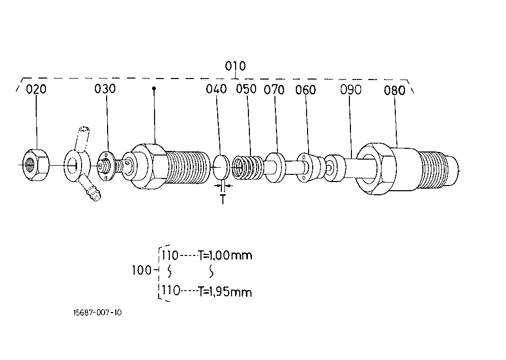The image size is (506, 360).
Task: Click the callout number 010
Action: pyautogui.click(x=235, y=66)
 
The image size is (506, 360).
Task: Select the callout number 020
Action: pyautogui.click(x=36, y=89)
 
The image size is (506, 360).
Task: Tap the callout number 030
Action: pyautogui.click(x=105, y=89)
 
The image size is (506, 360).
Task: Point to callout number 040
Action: pyautogui.click(x=216, y=89)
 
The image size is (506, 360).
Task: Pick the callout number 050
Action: pyautogui.click(x=246, y=89)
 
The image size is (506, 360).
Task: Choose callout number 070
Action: pyautogui.click(x=274, y=90)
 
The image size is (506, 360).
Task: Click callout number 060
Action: pyautogui.click(x=306, y=90)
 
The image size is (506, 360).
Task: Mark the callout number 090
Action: pyautogui.click(x=351, y=90)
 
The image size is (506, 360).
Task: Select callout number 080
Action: pyautogui.click(x=395, y=90)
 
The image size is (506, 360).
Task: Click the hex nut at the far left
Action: pyautogui.click(x=36, y=165)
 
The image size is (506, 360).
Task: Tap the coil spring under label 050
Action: pyautogui.click(x=248, y=167)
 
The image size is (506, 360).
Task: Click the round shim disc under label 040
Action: pyautogui.click(x=221, y=167)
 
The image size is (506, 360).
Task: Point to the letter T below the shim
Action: pyautogui.click(x=223, y=199)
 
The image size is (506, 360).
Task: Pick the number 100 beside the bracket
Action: pyautogui.click(x=142, y=270)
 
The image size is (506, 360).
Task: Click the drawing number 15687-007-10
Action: pyautogui.click(x=98, y=313)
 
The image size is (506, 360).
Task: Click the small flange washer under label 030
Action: pyautogui.click(x=106, y=166)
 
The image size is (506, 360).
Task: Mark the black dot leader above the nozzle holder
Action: pyautogui.click(x=154, y=88)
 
